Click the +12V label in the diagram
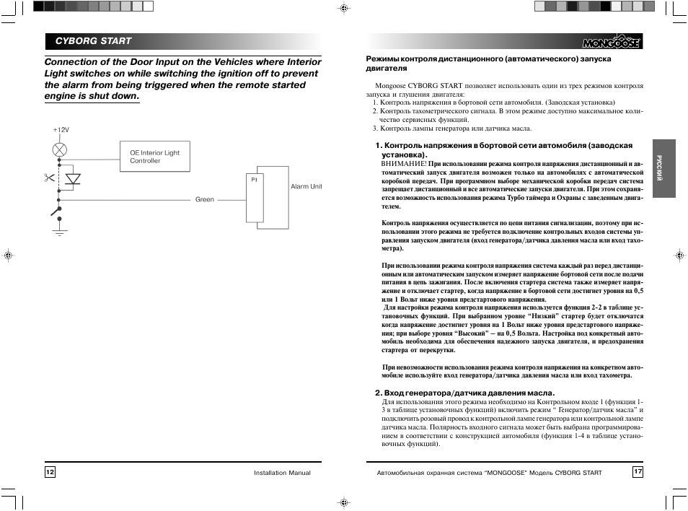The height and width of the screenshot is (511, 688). tap(60, 130)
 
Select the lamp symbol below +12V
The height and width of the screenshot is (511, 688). tap(60, 150)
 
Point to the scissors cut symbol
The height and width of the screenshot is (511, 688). tap(48, 177)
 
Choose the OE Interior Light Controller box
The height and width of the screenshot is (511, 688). tap(154, 157)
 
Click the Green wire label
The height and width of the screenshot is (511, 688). tap(205, 199)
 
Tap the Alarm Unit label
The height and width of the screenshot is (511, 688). tap(306, 186)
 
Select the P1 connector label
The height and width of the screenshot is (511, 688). tap(254, 179)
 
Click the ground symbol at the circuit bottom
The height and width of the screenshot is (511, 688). tap(60, 230)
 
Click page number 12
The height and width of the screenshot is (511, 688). tap(50, 472)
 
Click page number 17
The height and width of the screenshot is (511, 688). tap(638, 472)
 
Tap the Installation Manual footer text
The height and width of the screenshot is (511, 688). tap(282, 473)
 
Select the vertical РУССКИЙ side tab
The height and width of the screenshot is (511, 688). tap(659, 169)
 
